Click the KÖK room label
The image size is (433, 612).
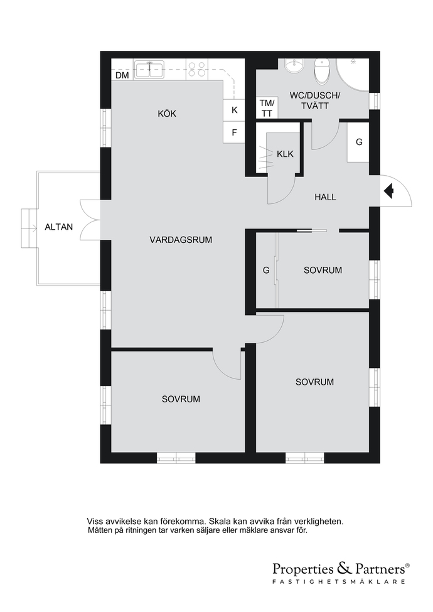pyautogui.click(x=167, y=114)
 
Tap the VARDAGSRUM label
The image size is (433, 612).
pyautogui.click(x=181, y=240)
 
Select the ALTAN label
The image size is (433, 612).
pyautogui.click(x=59, y=227)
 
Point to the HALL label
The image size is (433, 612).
pyautogui.click(x=325, y=197)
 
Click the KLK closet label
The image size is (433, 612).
pyautogui.click(x=285, y=154)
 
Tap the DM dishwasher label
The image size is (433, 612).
pyautogui.click(x=122, y=75)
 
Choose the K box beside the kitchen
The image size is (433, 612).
pyautogui.click(x=234, y=110)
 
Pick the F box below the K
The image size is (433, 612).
pyautogui.click(x=234, y=132)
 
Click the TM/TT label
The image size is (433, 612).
pyautogui.click(x=267, y=108)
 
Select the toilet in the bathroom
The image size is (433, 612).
pyautogui.click(x=322, y=72)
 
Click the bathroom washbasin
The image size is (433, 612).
pyautogui.click(x=294, y=66)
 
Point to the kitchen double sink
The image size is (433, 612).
pyautogui.click(x=149, y=70)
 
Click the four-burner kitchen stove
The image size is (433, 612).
pyautogui.click(x=196, y=70)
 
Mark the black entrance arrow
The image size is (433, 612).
pyautogui.click(x=388, y=191)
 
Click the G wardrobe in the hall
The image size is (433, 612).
pyautogui.click(x=358, y=142)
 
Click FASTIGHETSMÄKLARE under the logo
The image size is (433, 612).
pyautogui.click(x=339, y=581)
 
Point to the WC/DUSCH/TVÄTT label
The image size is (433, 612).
pyautogui.click(x=315, y=100)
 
